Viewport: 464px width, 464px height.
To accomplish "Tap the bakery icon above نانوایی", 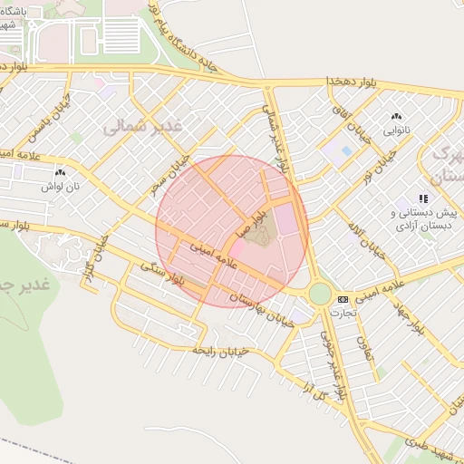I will tap(395, 117).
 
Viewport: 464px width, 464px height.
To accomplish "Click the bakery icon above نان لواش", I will tap(60, 172).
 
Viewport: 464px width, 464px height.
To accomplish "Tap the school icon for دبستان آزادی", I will tap(422, 198).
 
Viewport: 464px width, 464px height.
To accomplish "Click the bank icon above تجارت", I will tap(343, 299).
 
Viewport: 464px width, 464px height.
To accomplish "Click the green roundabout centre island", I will tap(319, 294).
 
